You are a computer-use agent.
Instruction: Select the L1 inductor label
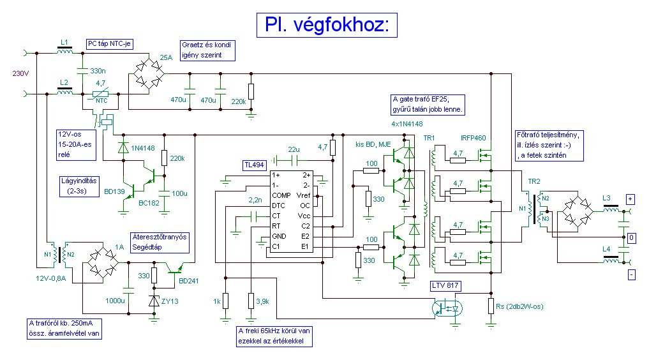[64, 42]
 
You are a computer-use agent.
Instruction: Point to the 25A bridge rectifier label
[167, 57]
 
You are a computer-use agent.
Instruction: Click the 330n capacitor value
[98, 70]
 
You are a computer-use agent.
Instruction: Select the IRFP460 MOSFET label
[474, 137]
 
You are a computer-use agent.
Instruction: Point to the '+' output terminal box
[630, 199]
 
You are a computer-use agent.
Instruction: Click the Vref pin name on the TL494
[304, 195]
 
